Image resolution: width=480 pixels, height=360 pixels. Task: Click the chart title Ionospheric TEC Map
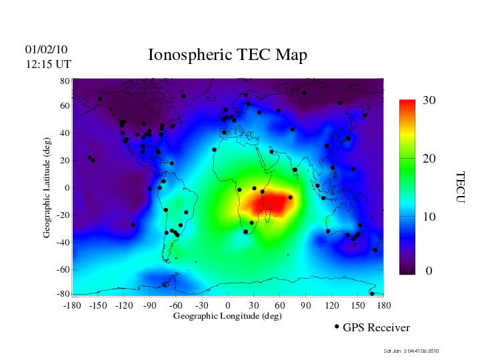(227, 55)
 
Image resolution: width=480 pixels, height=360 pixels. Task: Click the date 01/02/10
(46, 49)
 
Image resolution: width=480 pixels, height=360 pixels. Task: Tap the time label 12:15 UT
(48, 64)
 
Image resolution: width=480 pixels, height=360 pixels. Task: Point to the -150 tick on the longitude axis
(97, 305)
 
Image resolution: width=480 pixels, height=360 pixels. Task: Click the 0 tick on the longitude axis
(228, 305)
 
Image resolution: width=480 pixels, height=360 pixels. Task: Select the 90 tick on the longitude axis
(306, 305)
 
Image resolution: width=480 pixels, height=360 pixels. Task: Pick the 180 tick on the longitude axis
(384, 305)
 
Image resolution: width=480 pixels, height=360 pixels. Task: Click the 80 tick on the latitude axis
(65, 81)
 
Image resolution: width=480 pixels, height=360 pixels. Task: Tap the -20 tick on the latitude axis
(63, 215)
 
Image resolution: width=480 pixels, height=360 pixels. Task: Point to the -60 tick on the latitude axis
(63, 269)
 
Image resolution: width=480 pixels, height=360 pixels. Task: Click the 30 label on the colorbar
(429, 101)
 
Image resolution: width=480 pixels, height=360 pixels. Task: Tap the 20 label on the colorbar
(429, 159)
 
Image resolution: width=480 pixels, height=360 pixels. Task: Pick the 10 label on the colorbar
(429, 217)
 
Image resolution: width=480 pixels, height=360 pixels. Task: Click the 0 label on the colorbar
(429, 271)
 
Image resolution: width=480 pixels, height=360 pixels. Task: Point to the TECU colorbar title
(461, 187)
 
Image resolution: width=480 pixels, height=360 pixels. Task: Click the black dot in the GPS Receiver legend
(337, 327)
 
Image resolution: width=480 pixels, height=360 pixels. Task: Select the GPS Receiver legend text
(376, 327)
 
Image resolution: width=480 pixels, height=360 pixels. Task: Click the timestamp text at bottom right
(411, 351)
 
